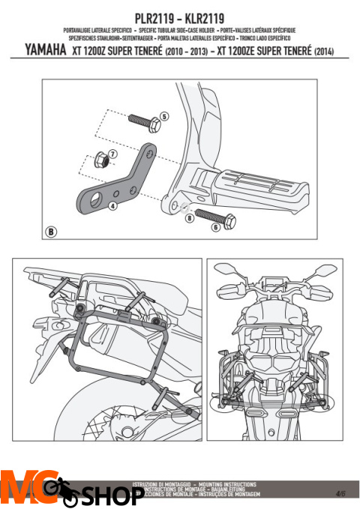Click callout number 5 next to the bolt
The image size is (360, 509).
[x=164, y=116]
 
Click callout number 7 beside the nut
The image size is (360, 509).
[x=112, y=154]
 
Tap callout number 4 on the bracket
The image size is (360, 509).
[x=112, y=204]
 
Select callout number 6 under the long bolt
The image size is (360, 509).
[x=215, y=226]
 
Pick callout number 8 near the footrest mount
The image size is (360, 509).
[x=190, y=218]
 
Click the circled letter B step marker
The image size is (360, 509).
[x=51, y=231]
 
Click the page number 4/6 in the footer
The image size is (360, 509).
[x=341, y=493]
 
